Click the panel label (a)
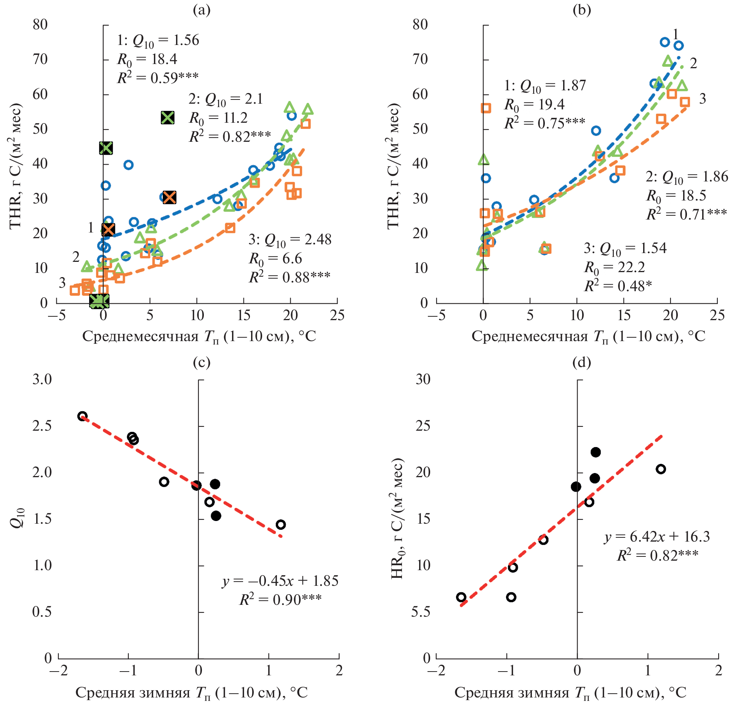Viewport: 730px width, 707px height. (x=202, y=10)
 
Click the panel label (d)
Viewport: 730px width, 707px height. (x=581, y=362)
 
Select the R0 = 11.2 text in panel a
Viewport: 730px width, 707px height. (x=218, y=118)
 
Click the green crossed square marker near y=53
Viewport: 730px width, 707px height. (x=168, y=118)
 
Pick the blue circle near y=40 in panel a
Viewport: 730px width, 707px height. (x=128, y=165)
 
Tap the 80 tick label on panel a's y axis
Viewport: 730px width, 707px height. (x=40, y=25)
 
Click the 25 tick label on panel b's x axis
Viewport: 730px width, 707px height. (x=717, y=316)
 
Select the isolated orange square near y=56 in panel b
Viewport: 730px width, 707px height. (x=486, y=108)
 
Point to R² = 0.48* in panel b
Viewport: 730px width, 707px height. (x=618, y=286)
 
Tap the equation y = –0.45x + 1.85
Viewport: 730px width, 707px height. (x=280, y=581)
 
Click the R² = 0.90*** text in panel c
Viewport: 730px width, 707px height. (x=280, y=600)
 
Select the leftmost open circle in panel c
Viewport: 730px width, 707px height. (x=82, y=416)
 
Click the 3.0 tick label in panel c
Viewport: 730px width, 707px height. (x=42, y=380)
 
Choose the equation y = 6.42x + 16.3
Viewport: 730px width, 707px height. (x=657, y=537)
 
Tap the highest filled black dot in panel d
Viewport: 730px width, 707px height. (x=596, y=452)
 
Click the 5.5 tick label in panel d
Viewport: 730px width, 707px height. (x=421, y=612)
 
